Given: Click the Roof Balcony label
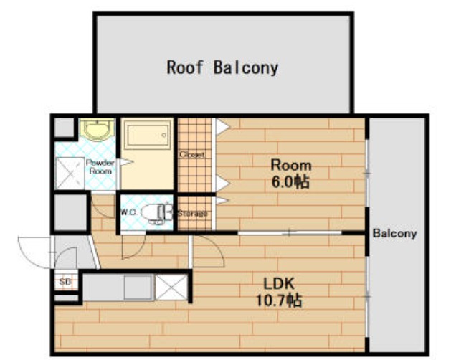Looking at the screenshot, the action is pyautogui.click(x=222, y=67).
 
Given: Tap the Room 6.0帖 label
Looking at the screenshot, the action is pyautogui.click(x=291, y=174).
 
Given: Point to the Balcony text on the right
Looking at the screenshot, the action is pyautogui.click(x=394, y=233).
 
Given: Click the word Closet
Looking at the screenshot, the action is pyautogui.click(x=192, y=154).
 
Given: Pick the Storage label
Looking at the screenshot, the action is pyautogui.click(x=192, y=214).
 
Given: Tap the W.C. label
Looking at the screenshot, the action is pyautogui.click(x=128, y=213).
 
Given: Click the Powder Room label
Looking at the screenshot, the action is pyautogui.click(x=100, y=166).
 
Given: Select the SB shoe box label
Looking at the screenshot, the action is pyautogui.click(x=65, y=282).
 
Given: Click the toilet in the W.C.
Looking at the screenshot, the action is pyautogui.click(x=157, y=213).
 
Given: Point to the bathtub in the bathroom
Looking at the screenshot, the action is pyautogui.click(x=148, y=135).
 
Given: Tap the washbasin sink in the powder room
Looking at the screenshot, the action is pyautogui.click(x=97, y=129).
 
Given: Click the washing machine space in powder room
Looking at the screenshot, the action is pyautogui.click(x=70, y=174).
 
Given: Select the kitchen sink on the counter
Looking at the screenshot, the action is pyautogui.click(x=138, y=287).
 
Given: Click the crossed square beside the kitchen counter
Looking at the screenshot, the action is pyautogui.click(x=171, y=287).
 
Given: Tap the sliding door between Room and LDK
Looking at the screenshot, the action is pyautogui.click(x=290, y=232).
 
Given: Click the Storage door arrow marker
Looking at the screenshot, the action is pyautogui.click(x=222, y=200).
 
